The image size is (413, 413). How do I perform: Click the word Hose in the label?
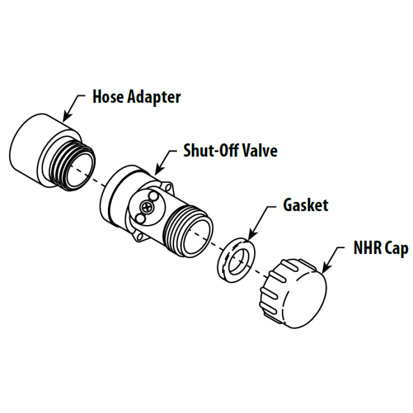(108, 97)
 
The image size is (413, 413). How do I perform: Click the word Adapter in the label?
(154, 98)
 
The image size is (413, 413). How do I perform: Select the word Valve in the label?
(260, 150)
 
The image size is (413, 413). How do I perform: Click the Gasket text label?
(306, 205)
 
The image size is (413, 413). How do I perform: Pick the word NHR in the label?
(367, 248)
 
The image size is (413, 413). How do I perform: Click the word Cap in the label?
(396, 249)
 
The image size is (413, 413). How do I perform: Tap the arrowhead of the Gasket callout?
(252, 234)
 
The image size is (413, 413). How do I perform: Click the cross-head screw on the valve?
(147, 208)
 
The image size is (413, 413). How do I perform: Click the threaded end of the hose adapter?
(73, 166)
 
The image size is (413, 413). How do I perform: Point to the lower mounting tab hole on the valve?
(139, 235)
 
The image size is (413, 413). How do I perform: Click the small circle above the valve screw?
(153, 196)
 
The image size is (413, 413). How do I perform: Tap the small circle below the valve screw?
(140, 218)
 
